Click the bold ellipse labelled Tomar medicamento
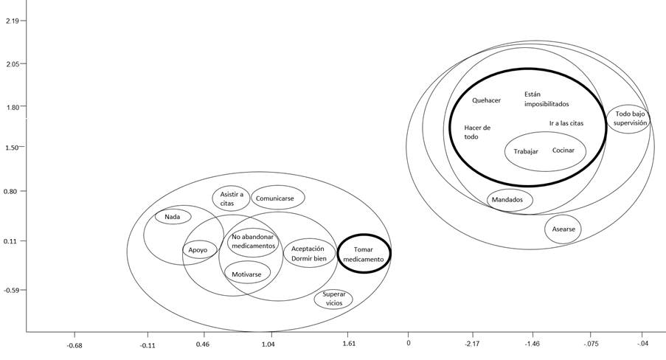point(364,254)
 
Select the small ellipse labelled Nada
point(173,216)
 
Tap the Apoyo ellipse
point(199,251)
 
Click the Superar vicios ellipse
point(333,299)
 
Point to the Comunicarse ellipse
point(277,198)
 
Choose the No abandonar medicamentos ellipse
point(253,241)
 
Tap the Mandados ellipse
point(507,199)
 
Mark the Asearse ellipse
point(563,229)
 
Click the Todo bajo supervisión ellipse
point(630,119)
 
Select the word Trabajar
point(526,151)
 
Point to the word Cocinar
point(563,150)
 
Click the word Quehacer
point(487,100)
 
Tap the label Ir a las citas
point(566,123)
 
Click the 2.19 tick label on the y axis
point(11,20)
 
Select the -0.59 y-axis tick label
point(11,290)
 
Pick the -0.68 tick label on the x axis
point(74,344)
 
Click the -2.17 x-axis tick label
point(472,344)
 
